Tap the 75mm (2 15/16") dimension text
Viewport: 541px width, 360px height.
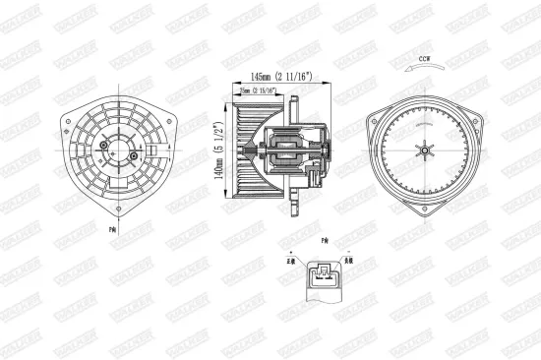click(x=258, y=90)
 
